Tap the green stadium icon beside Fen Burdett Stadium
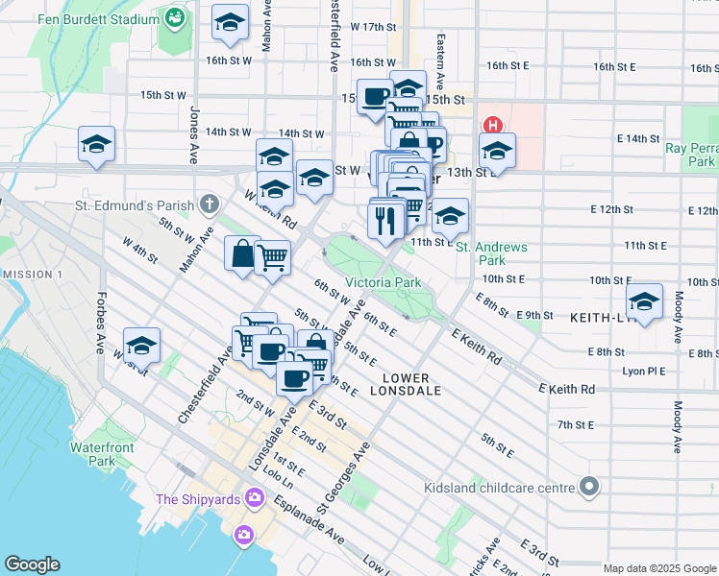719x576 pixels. (175, 18)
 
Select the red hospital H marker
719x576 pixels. (493, 126)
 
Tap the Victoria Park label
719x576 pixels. (383, 283)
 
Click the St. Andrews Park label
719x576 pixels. (491, 253)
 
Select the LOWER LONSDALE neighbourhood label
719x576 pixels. (410, 384)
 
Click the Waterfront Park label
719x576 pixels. (92, 454)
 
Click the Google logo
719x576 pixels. (33, 564)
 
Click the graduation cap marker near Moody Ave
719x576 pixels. (644, 300)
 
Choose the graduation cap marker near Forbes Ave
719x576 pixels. (141, 345)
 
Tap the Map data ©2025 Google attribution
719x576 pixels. (659, 568)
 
